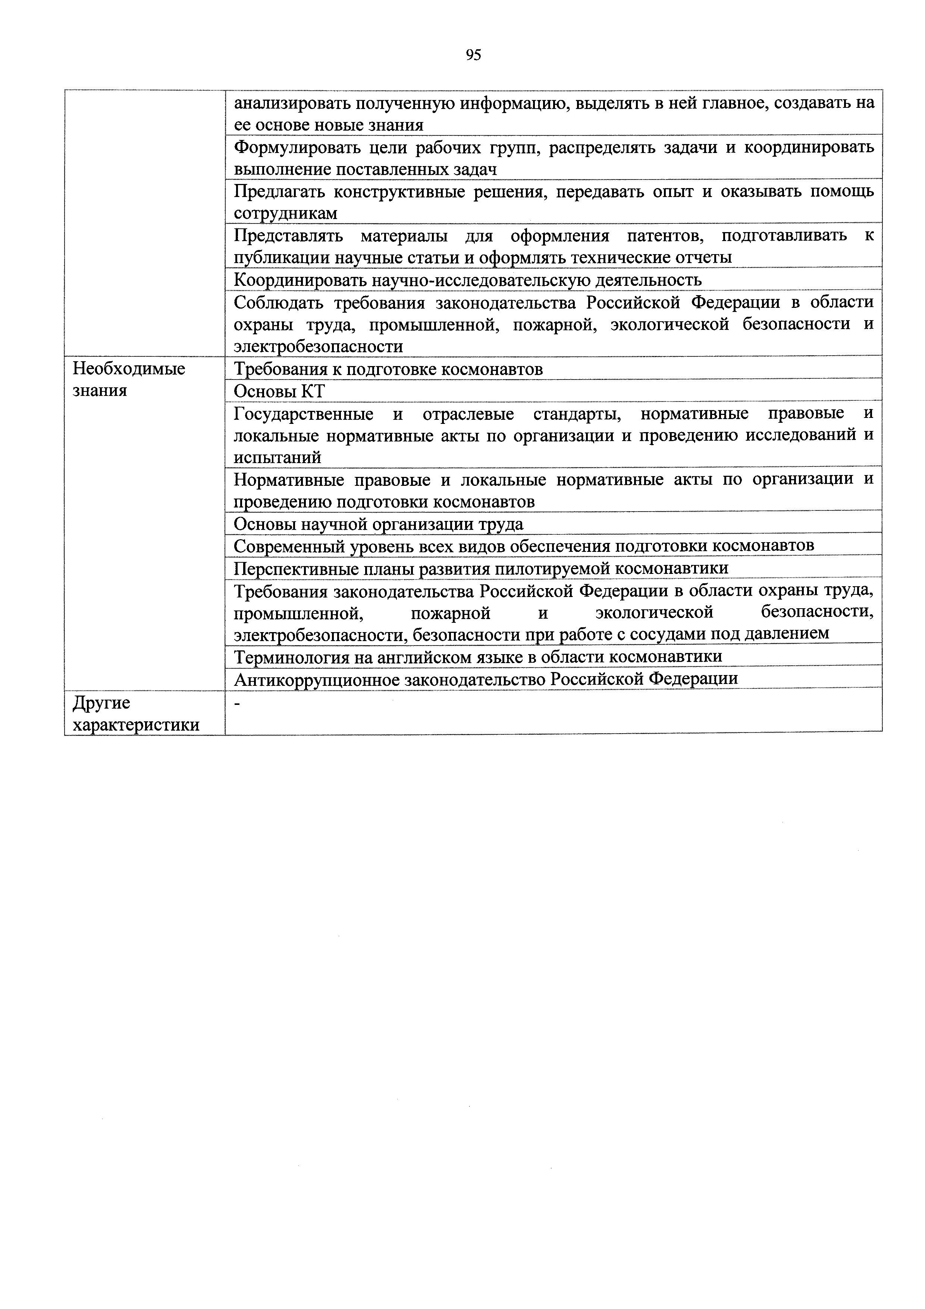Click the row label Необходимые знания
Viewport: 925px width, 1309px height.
tap(129, 380)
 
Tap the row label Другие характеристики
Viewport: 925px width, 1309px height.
tap(136, 714)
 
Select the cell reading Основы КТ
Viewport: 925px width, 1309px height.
tap(279, 391)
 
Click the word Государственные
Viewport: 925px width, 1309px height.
tap(303, 413)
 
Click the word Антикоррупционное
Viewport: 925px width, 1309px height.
tap(315, 679)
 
